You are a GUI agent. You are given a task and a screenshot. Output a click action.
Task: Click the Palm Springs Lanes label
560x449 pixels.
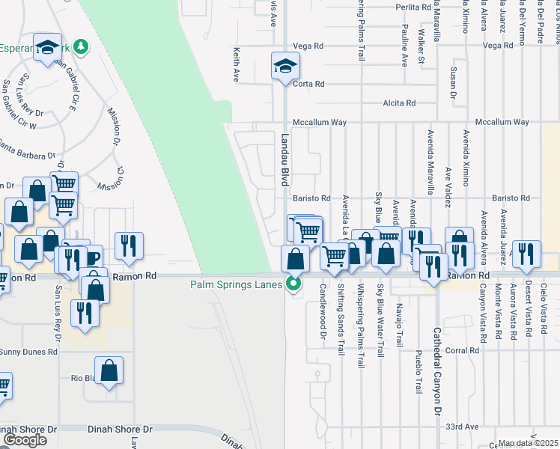point(235,284)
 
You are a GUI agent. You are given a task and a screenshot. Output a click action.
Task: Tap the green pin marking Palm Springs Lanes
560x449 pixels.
point(293,284)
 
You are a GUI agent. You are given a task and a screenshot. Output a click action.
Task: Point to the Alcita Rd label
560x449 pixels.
point(398,103)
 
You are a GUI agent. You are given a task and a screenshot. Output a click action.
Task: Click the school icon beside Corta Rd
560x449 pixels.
point(284,67)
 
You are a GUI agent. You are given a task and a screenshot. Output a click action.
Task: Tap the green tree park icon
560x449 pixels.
point(80,47)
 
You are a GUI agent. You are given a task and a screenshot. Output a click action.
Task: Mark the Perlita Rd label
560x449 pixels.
point(415,7)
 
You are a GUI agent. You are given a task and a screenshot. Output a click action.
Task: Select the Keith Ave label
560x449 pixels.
point(237,66)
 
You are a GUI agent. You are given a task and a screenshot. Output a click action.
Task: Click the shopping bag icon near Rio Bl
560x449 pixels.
point(109,371)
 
